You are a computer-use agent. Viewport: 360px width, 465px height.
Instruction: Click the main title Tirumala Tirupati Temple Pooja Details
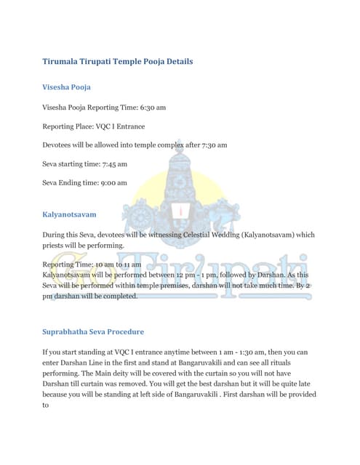[117, 62]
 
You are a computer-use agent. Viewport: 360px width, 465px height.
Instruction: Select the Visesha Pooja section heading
[66, 87]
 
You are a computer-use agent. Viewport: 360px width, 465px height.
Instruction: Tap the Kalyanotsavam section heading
[69, 215]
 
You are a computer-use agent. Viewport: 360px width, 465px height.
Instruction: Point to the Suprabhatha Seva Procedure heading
[93, 331]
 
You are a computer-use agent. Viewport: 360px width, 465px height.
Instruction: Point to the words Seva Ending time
[68, 183]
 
